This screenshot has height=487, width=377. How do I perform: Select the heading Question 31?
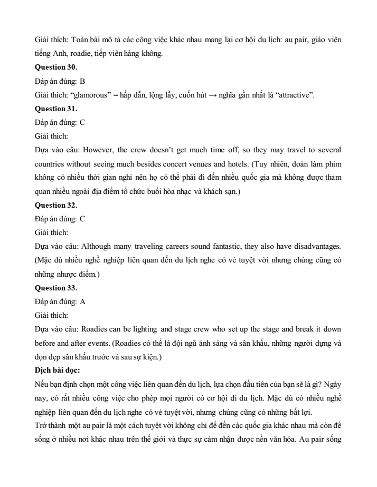pos(55,109)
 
